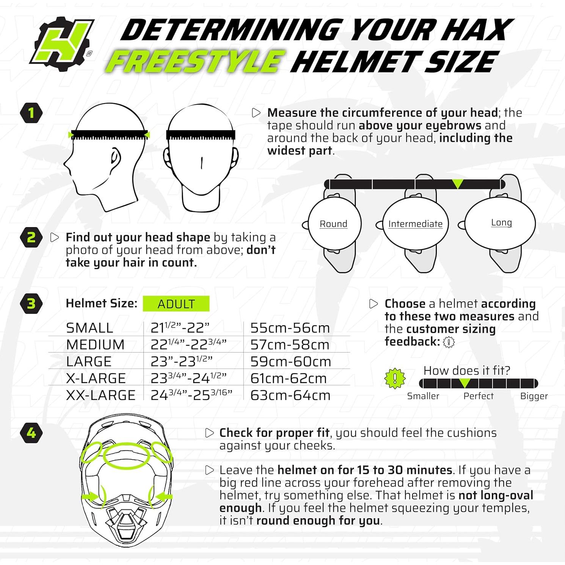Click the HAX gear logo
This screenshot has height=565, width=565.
point(63,46)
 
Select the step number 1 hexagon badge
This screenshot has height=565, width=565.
point(31,113)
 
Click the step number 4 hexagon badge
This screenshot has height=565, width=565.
point(31,433)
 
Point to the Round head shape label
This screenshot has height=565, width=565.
point(333,224)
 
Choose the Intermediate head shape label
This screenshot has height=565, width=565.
point(415,224)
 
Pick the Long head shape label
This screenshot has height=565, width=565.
point(501,222)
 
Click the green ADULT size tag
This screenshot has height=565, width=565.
point(176,304)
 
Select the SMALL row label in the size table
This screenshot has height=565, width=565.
point(89,328)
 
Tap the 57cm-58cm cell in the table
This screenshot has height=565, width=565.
point(290,345)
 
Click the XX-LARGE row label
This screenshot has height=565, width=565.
point(100,395)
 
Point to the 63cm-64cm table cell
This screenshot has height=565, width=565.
point(290,395)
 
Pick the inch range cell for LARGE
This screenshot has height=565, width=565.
point(181,361)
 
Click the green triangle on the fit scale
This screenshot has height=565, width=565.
point(465,383)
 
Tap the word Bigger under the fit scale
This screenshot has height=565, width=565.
point(534,396)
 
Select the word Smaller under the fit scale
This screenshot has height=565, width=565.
point(423,396)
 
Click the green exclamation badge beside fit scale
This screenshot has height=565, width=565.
point(395,378)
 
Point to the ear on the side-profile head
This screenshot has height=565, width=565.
point(115,159)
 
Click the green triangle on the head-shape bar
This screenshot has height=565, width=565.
point(458,184)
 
